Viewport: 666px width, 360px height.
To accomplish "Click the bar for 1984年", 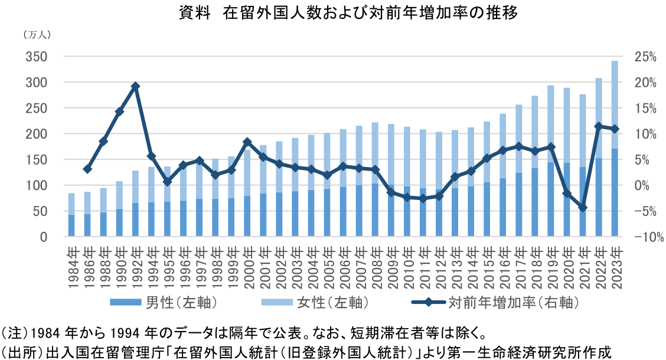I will pyautogui.click(x=71, y=215).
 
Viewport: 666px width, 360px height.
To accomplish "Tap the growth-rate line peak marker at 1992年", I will pyautogui.click(x=135, y=86).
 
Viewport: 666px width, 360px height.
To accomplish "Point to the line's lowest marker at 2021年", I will pyautogui.click(x=583, y=207).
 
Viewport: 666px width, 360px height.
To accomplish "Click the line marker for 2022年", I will pyautogui.click(x=599, y=126).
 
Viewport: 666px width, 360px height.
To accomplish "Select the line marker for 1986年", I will pyautogui.click(x=87, y=169).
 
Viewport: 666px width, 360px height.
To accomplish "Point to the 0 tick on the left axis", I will pyautogui.click(x=44, y=237).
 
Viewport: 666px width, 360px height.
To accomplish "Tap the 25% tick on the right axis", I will pyautogui.click(x=646, y=57).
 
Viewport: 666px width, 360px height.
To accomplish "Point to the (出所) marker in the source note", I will pyautogui.click(x=18, y=351).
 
